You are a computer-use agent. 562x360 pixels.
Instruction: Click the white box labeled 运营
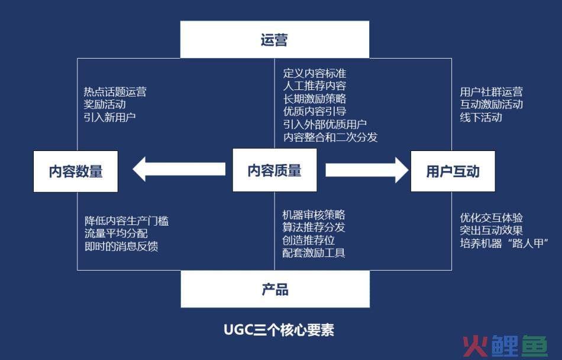pyautogui.click(x=274, y=40)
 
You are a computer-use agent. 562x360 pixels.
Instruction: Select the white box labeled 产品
pyautogui.click(x=275, y=289)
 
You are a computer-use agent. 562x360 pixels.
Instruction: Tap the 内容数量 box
pyautogui.click(x=76, y=171)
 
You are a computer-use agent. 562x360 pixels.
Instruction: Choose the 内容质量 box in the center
pyautogui.click(x=274, y=170)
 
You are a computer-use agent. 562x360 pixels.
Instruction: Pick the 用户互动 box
pyautogui.click(x=453, y=171)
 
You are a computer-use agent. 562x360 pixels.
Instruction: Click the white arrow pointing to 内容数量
pyautogui.click(x=179, y=169)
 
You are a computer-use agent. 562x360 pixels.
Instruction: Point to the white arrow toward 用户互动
pyautogui.click(x=367, y=170)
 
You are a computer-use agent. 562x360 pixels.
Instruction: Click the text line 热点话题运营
pyautogui.click(x=115, y=92)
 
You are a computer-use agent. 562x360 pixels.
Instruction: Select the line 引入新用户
pyautogui.click(x=109, y=117)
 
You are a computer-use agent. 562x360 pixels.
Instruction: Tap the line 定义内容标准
pyautogui.click(x=315, y=73)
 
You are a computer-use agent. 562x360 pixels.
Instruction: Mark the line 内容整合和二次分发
pyautogui.click(x=331, y=137)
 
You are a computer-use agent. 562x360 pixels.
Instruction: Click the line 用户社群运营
pyautogui.click(x=492, y=92)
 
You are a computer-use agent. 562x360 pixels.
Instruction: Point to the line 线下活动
pyautogui.click(x=481, y=117)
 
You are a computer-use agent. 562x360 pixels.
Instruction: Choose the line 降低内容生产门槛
pyautogui.click(x=127, y=221)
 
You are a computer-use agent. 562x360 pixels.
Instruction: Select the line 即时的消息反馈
pyautogui.click(x=121, y=246)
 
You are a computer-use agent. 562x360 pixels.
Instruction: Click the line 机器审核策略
pyautogui.click(x=314, y=215)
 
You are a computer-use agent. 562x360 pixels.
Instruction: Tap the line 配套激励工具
pyautogui.click(x=314, y=253)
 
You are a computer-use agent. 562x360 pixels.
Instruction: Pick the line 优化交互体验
pyautogui.click(x=492, y=218)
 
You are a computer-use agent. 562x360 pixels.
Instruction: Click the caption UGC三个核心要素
pyautogui.click(x=279, y=330)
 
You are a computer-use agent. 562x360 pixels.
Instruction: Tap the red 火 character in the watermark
pyautogui.click(x=475, y=346)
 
